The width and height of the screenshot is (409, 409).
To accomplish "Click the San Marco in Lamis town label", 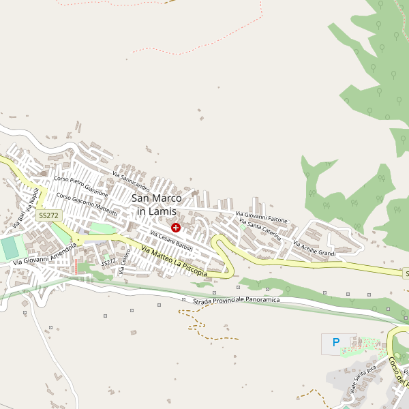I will [157, 204].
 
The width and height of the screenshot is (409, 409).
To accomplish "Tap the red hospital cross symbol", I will [176, 227].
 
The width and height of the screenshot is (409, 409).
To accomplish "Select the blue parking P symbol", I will [335, 343].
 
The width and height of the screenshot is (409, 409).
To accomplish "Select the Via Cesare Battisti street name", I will [172, 241].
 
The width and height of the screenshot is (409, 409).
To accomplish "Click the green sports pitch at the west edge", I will [9, 247].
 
